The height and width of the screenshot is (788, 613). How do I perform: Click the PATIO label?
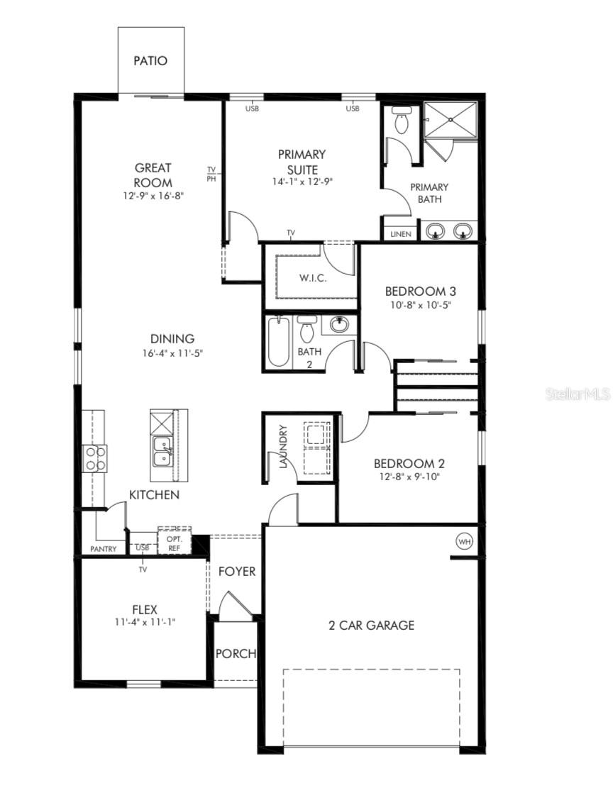click(x=150, y=61)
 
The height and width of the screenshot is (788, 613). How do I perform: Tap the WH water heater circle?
click(x=465, y=542)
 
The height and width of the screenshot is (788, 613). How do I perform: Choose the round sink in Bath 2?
click(x=340, y=325)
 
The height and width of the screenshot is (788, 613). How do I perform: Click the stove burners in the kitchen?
click(x=95, y=458)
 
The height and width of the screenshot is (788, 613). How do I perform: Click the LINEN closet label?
click(x=401, y=233)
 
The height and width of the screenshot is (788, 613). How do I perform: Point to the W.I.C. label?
click(x=312, y=278)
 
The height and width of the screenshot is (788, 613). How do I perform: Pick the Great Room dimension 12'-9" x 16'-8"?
click(x=153, y=196)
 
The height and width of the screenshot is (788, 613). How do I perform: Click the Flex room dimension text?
click(x=144, y=622)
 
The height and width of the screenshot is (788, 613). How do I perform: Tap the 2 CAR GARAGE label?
click(x=371, y=625)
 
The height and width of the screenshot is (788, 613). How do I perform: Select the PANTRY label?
click(x=104, y=549)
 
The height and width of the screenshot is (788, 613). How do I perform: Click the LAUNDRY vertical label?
click(x=282, y=448)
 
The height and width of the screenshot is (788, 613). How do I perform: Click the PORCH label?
click(x=236, y=653)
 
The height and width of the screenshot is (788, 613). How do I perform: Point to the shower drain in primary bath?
click(x=451, y=120)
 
